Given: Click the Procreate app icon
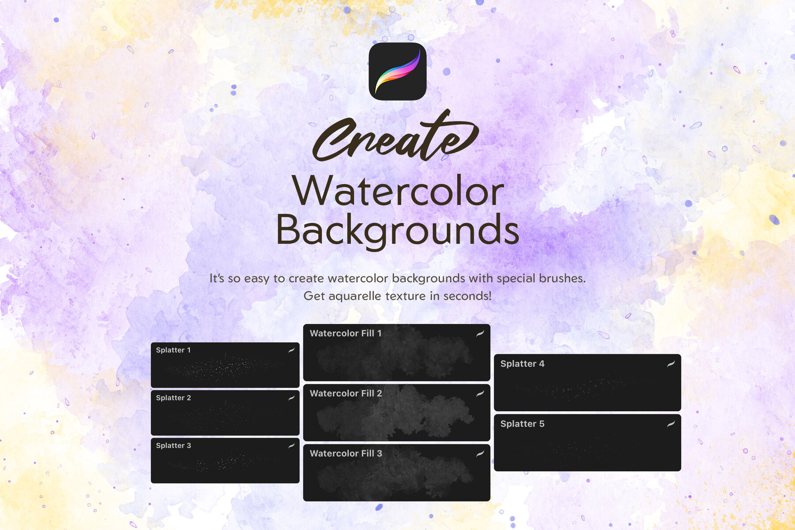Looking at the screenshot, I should point(397,71).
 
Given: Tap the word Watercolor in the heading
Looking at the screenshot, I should point(397,191).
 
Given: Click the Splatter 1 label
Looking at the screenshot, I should point(173,350).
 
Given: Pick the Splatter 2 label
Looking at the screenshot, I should point(173,398).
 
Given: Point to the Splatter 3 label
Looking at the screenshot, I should point(173,446).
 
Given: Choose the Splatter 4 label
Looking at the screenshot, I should point(522,364).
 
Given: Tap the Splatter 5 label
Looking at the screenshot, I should point(522,424).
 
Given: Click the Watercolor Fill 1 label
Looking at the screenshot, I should point(345,333).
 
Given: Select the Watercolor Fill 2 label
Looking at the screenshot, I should point(345,394).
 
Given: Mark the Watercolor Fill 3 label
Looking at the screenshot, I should point(345,454).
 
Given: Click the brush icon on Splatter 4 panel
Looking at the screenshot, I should point(671,364).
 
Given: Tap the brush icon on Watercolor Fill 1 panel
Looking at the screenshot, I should point(480,333).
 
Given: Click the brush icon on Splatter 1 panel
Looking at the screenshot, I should point(291,350).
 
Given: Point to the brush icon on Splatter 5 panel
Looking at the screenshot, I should point(671,424).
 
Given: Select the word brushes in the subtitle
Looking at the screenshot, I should point(563,278).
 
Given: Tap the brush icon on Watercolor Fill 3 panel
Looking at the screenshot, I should point(480,454).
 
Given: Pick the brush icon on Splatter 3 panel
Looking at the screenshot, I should point(291,446).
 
